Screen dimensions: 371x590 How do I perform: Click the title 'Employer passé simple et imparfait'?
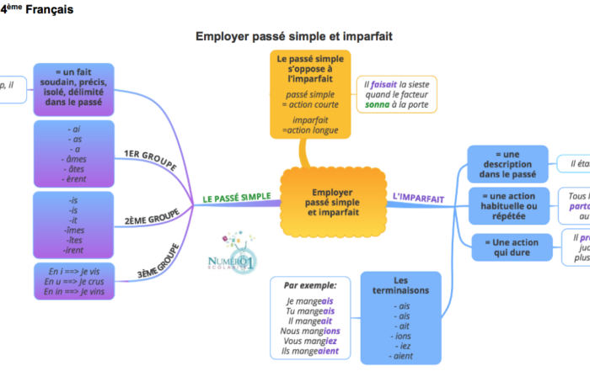(294, 37)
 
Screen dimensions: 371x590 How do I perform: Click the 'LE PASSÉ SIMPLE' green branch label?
(236, 198)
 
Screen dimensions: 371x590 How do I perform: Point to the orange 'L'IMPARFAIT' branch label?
(418, 199)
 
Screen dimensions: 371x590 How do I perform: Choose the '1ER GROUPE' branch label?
(149, 159)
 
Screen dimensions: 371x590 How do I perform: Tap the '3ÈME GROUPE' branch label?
(157, 262)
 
